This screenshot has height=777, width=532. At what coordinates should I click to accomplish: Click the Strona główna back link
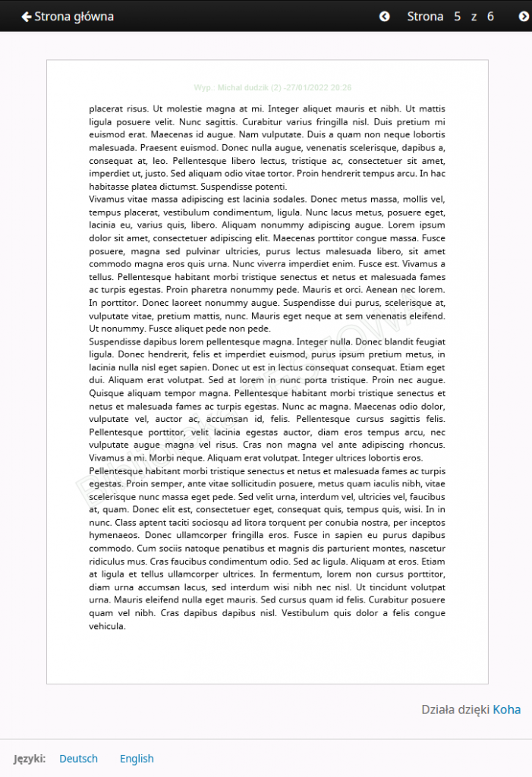click(68, 16)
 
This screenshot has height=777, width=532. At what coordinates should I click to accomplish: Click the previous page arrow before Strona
click(384, 16)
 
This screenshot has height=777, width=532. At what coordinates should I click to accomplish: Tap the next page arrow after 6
click(523, 16)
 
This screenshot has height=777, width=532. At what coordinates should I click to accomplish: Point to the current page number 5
click(458, 16)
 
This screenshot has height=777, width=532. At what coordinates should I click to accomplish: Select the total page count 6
click(490, 16)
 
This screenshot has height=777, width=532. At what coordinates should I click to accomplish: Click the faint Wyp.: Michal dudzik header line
click(272, 88)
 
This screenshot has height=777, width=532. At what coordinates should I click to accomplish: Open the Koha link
click(507, 709)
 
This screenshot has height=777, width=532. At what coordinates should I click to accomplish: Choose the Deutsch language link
click(78, 758)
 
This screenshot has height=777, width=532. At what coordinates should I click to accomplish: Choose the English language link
click(137, 758)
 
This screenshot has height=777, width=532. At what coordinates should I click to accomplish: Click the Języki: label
click(30, 758)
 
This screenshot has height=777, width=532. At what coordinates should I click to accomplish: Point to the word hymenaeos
click(115, 535)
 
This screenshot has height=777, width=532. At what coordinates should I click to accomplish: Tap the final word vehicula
click(107, 626)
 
